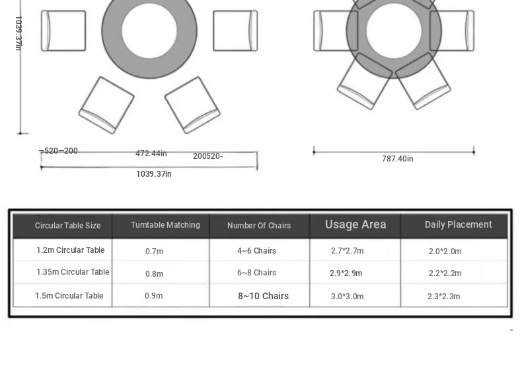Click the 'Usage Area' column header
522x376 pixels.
tap(355, 224)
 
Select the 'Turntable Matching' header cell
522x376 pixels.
tap(165, 225)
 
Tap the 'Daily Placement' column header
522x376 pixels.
tap(458, 224)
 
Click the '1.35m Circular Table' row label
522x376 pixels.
tap(73, 272)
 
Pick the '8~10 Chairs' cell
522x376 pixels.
tap(264, 296)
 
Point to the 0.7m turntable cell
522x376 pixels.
tap(155, 252)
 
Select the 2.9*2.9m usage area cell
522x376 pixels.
tap(346, 273)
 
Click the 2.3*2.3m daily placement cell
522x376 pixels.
tap(444, 297)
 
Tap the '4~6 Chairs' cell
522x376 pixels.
tap(256, 250)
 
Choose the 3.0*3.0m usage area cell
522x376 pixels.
tap(347, 297)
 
